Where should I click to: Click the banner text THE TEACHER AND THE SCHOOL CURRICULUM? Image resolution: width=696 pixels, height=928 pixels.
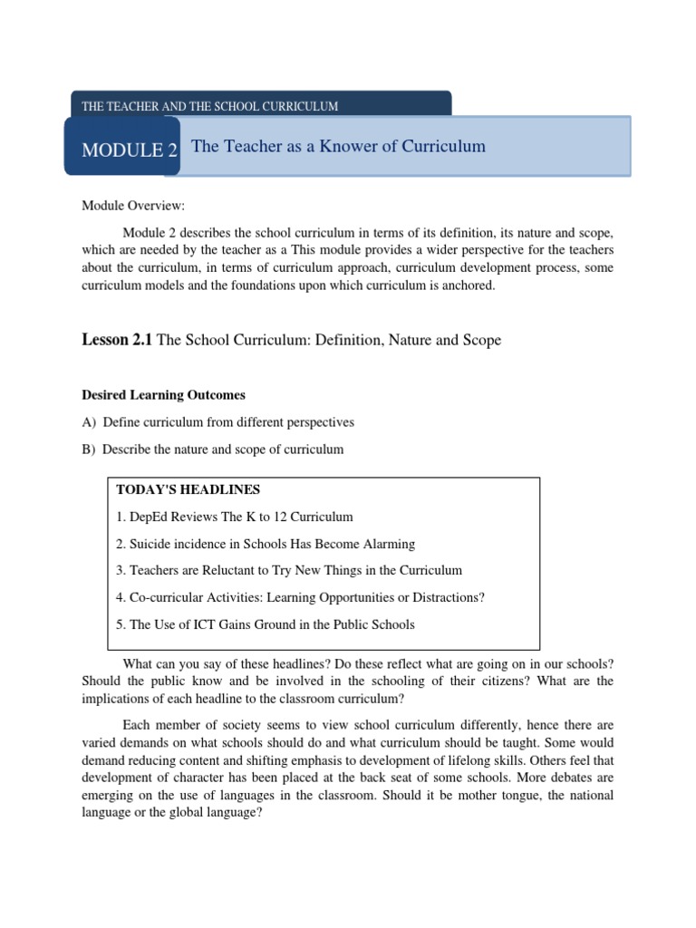209,106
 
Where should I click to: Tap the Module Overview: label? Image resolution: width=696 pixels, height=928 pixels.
132,207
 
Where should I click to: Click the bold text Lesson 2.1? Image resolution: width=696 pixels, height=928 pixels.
118,340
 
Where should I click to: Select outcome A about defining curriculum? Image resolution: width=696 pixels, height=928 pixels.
217,422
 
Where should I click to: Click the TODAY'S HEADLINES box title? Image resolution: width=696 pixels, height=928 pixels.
188,489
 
